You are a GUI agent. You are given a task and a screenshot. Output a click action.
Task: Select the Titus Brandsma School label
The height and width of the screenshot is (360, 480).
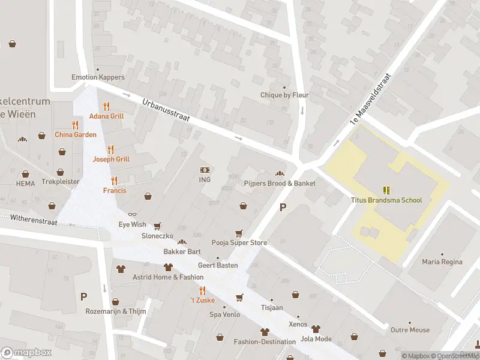pyautogui.click(x=386, y=200)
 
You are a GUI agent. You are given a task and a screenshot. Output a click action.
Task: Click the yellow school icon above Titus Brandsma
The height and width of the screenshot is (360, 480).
pyautogui.click(x=386, y=190)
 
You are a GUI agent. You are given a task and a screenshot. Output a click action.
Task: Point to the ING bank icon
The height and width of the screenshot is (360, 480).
pyautogui.click(x=205, y=170)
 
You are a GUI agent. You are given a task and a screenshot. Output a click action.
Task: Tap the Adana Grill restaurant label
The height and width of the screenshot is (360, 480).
pyautogui.click(x=106, y=116)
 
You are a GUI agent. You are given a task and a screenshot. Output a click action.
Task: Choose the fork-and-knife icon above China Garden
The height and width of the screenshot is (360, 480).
pyautogui.click(x=75, y=125)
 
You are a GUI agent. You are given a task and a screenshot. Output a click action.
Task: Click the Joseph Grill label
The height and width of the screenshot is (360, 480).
pyautogui.click(x=110, y=159)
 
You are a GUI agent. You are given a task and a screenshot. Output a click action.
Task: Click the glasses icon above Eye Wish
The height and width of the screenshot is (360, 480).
pyautogui.click(x=132, y=214)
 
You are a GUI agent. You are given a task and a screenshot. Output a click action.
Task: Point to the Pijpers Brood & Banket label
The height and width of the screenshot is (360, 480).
pyautogui.click(x=280, y=183)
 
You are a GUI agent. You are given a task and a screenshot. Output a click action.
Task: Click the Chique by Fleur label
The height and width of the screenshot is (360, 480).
pyautogui.click(x=284, y=95)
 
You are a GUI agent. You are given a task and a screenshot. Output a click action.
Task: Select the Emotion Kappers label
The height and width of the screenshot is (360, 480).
pyautogui.click(x=98, y=77)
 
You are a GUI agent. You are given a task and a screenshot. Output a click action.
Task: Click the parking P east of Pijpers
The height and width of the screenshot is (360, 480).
pyautogui.click(x=283, y=208)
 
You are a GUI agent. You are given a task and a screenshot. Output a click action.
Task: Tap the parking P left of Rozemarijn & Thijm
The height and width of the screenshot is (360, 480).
pyautogui.click(x=83, y=296)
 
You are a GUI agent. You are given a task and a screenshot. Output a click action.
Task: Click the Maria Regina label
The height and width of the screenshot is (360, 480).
pyautogui.click(x=442, y=262)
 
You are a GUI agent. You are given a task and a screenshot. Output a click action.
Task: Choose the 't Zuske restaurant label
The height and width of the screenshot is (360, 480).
pyautogui.click(x=202, y=299)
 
